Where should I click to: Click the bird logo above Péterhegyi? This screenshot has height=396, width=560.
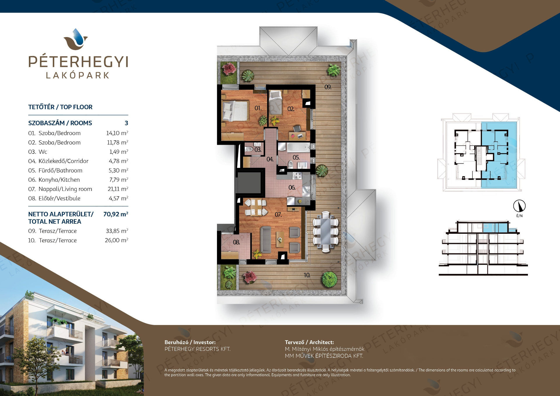(x=76, y=39)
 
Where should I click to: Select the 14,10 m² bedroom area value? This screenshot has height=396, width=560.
(x=117, y=133)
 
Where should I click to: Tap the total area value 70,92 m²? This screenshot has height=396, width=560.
(x=116, y=214)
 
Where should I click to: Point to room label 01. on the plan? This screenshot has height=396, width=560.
(x=258, y=108)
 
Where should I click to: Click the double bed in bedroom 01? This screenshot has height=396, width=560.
(x=235, y=111)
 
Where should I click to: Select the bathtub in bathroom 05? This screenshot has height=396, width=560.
(x=298, y=147)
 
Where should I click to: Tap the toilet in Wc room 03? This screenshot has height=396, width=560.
(x=249, y=149)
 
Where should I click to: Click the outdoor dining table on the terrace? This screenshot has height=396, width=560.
(x=325, y=231)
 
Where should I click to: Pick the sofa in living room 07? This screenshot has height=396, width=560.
(x=266, y=240)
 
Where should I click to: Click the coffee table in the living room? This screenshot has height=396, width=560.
(x=280, y=239)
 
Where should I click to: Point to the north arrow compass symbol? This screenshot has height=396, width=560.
(x=519, y=206)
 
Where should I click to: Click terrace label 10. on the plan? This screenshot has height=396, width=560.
(x=307, y=275)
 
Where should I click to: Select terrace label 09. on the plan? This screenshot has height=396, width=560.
(x=328, y=87)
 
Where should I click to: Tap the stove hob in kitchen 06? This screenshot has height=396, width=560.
(x=297, y=175)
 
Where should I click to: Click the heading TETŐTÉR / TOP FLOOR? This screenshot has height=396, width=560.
(x=60, y=107)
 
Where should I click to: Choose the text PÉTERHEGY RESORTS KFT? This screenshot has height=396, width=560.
(x=197, y=349)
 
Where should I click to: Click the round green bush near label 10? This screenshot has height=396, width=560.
(x=329, y=279)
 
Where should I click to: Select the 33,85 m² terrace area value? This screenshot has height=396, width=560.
(x=117, y=231)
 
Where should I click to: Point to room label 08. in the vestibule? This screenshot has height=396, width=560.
(x=236, y=242)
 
